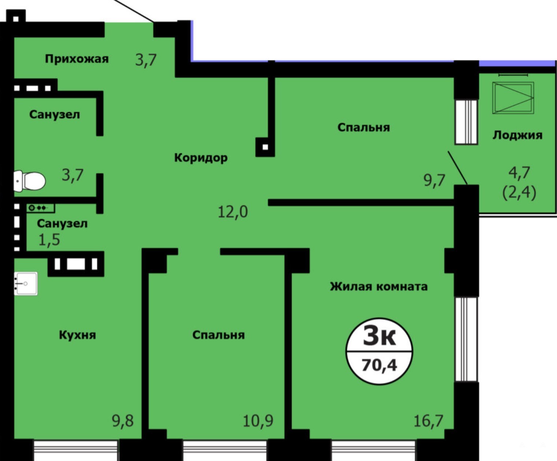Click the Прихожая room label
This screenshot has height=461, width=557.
[77, 59]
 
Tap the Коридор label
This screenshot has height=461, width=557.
[201, 158]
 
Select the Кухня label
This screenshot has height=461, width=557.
[77, 335]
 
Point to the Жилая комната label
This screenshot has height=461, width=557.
[379, 287]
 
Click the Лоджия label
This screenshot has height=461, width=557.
[517, 135]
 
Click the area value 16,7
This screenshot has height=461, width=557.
[428, 421]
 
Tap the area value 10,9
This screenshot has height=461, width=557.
[258, 421]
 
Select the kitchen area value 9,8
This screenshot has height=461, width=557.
[123, 421]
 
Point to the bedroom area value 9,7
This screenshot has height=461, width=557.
[435, 181]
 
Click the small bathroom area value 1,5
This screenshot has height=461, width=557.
[49, 240]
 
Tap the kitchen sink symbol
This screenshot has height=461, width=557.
[26, 283]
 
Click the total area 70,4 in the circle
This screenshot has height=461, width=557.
[379, 365]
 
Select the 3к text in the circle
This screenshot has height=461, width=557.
[379, 337]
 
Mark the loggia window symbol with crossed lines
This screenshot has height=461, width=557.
[513, 98]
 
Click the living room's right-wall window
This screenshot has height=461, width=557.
[467, 339]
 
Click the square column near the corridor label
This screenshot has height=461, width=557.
[265, 147]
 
